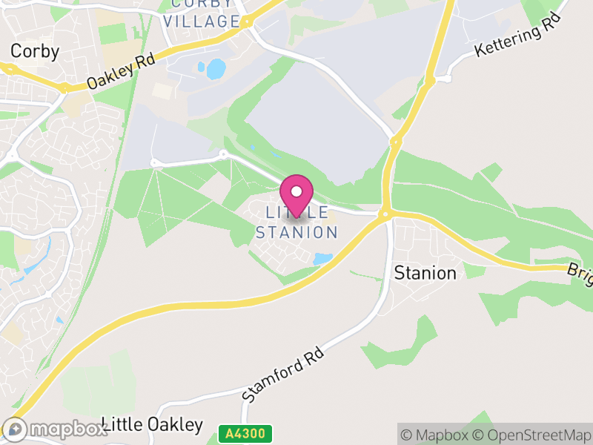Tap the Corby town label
coord(35,51)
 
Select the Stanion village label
coord(425,273)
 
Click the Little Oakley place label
coord(153,425)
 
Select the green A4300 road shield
coord(245,432)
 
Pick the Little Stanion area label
coord(296,222)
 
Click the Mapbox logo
coord(56,429)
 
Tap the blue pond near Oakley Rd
coord(216,69)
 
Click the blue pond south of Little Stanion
coord(322,259)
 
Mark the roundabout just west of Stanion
coord(385,214)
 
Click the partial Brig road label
coord(580,272)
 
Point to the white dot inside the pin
coord(296,191)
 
